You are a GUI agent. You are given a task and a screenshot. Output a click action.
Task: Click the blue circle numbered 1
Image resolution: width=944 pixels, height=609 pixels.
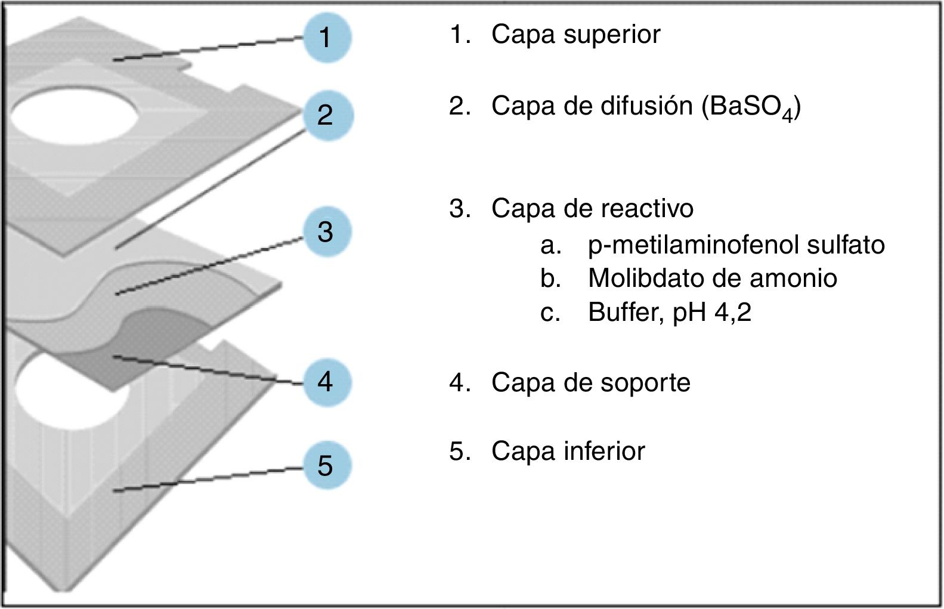(326, 38)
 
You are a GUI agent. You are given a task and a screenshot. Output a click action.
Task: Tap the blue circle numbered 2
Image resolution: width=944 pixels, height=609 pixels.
(326, 115)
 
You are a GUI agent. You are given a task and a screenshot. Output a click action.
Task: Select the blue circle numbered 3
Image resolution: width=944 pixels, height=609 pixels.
(326, 231)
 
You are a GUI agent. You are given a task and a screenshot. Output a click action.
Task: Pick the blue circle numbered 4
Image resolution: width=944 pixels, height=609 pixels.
(326, 381)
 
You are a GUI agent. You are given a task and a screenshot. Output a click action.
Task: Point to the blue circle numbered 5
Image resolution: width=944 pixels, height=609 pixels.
(326, 465)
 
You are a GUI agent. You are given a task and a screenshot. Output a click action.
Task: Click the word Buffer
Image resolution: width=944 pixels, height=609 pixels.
(625, 312)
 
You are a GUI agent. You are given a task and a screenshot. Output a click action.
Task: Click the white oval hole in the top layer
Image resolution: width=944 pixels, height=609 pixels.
(75, 112)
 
